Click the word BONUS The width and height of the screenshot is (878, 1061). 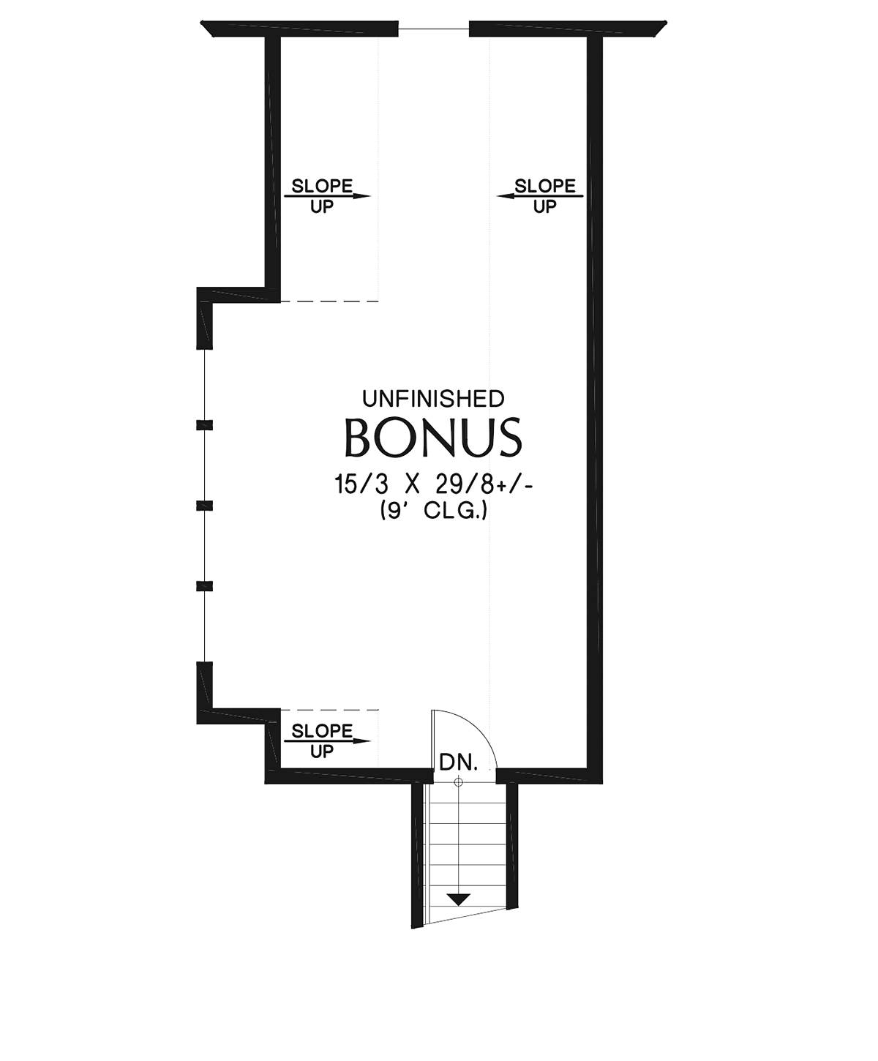pos(433,438)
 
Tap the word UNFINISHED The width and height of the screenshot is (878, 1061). pos(433,400)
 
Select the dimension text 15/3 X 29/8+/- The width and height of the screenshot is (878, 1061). pos(433,484)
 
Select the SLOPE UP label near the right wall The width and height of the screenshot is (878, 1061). pos(541,196)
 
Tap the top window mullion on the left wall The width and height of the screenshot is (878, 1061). pos(204,425)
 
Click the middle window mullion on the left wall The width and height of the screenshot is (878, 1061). pos(204,506)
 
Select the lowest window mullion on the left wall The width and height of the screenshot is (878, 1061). pos(204,586)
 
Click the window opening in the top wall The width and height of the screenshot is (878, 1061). pos(433,29)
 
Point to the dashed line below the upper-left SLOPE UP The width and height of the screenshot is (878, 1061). pos(329,301)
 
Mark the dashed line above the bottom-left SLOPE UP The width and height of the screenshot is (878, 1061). pos(329,709)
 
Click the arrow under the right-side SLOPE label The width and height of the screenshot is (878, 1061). pos(540,196)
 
